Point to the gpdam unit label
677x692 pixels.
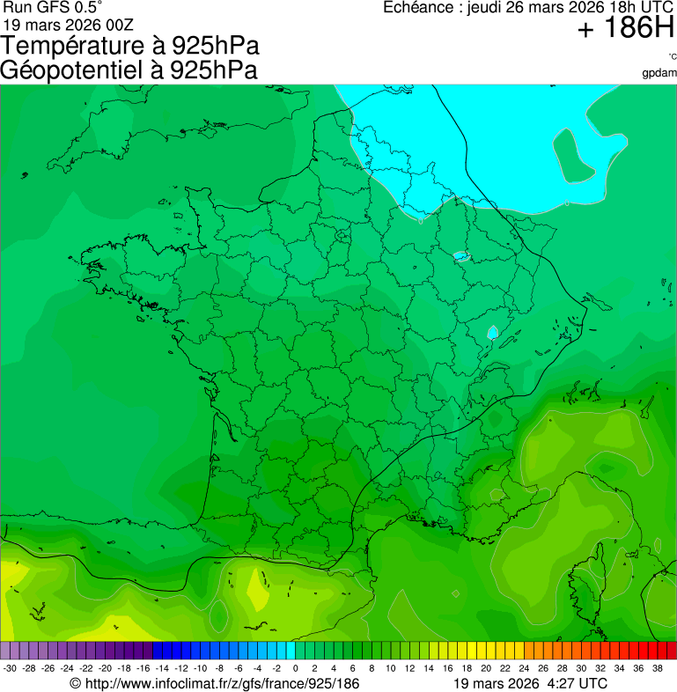pyautogui.click(x=659, y=72)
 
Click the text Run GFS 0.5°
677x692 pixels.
pyautogui.click(x=53, y=7)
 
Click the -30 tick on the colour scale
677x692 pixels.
pyautogui.click(x=10, y=668)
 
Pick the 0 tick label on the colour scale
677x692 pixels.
pyautogui.click(x=295, y=668)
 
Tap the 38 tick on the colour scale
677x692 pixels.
pyautogui.click(x=658, y=668)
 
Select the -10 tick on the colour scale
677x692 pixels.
pyautogui.click(x=200, y=668)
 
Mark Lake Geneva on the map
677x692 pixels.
pyautogui.click(x=493, y=333)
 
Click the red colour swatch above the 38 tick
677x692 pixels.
pyautogui.click(x=666, y=651)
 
